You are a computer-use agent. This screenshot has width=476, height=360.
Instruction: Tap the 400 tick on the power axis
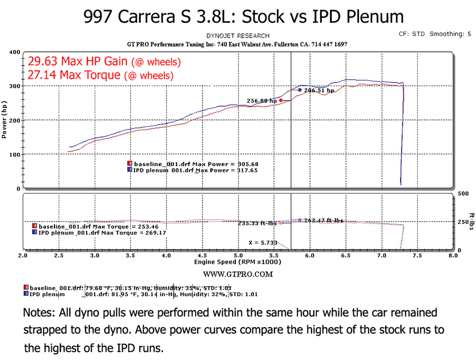pos(14,52)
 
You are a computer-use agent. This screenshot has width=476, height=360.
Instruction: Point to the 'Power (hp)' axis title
pos(5,120)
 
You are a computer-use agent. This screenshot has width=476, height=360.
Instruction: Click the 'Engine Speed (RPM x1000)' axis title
pos(230,262)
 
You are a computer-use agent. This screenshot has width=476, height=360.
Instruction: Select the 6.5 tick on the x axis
pos(345,255)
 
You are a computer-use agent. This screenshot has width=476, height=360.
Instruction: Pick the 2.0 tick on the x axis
pos(23,255)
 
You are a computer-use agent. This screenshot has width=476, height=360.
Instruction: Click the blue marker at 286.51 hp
pos(300,90)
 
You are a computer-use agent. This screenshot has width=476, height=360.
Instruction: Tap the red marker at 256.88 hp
pos(281,100)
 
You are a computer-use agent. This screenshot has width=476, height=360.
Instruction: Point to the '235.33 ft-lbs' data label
pos(257,223)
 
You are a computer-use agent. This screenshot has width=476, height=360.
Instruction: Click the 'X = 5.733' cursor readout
pos(262,243)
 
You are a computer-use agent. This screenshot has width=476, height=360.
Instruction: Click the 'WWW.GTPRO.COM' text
pos(238,274)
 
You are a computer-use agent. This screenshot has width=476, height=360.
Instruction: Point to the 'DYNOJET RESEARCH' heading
pos(238,36)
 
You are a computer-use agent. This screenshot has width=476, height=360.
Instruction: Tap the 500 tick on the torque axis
pos(463,194)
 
